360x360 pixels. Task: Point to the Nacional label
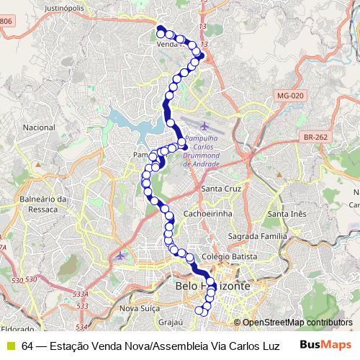coord(39,127)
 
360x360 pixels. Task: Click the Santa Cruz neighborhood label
coord(222,189)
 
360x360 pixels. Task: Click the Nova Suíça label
coord(138,308)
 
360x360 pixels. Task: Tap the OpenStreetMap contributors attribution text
coord(297,322)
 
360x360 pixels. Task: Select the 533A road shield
coord(81,294)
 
